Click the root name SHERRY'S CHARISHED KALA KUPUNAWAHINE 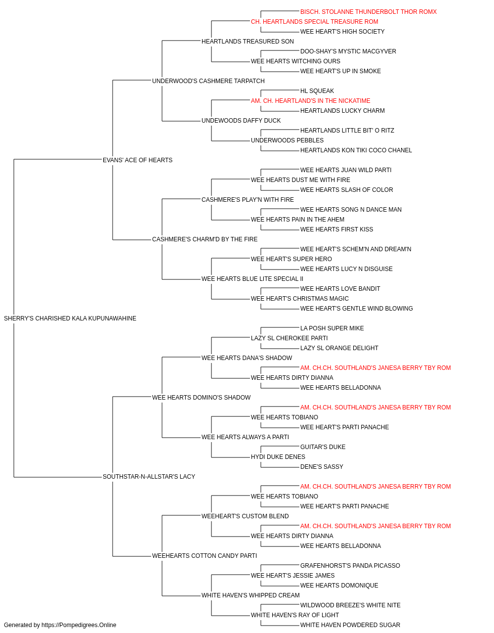pyautogui.click(x=70, y=318)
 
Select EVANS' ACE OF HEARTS pyautogui.click(x=138, y=160)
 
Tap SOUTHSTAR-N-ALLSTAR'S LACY pyautogui.click(x=149, y=477)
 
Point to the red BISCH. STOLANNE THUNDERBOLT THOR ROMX pyautogui.click(x=369, y=12)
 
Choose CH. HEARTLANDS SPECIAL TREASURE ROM pyautogui.click(x=315, y=22)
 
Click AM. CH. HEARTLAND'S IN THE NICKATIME pyautogui.click(x=310, y=101)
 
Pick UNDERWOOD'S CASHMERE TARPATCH pyautogui.click(x=208, y=81)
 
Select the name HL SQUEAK pyautogui.click(x=317, y=91)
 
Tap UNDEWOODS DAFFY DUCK pyautogui.click(x=241, y=121)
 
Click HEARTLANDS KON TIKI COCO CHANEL pyautogui.click(x=356, y=150)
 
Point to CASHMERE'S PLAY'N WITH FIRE pyautogui.click(x=247, y=200)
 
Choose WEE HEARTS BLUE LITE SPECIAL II pyautogui.click(x=252, y=279)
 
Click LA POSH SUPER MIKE pyautogui.click(x=332, y=328)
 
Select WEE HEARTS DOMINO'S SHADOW pyautogui.click(x=202, y=398)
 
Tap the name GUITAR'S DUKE pyautogui.click(x=323, y=447)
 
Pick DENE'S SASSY pyautogui.click(x=322, y=467)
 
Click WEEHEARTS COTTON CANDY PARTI pyautogui.click(x=205, y=556)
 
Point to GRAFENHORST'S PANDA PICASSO pyautogui.click(x=350, y=566)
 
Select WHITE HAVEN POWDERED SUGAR pyautogui.click(x=350, y=625)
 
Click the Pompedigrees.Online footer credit pyautogui.click(x=60, y=625)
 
